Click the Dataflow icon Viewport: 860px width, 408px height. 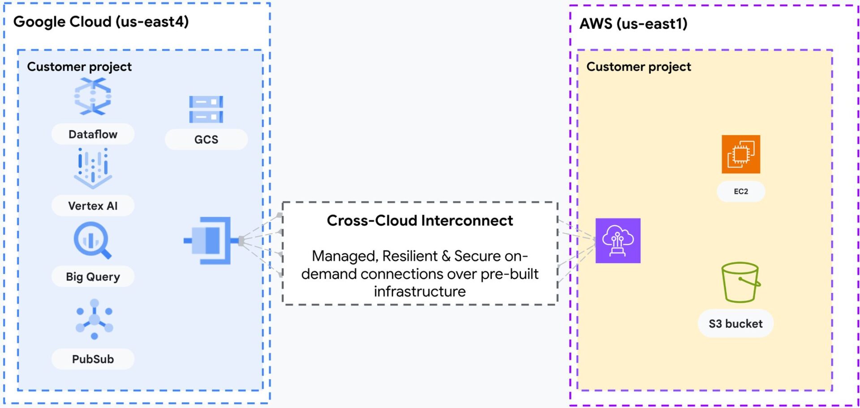point(93,96)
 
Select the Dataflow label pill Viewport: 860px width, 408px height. point(93,134)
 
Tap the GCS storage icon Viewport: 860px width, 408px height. point(206,109)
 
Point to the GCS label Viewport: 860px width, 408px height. point(206,140)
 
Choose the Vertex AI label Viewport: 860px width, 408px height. point(93,206)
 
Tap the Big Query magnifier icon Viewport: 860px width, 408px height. point(92,241)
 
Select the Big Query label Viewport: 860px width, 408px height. point(93,277)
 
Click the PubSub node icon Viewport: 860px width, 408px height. point(94,319)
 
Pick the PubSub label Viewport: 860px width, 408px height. point(93,359)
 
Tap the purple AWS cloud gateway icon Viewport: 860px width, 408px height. point(618,241)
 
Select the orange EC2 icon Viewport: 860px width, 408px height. point(740,154)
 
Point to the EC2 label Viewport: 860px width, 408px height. point(740,192)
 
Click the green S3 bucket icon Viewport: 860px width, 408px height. point(740,283)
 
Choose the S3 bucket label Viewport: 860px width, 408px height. point(735,324)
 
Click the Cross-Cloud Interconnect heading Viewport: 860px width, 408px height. point(420,221)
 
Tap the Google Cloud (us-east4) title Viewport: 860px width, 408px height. point(101,21)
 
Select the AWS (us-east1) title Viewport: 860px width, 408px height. point(633,24)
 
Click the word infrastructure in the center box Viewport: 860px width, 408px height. point(420,292)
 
